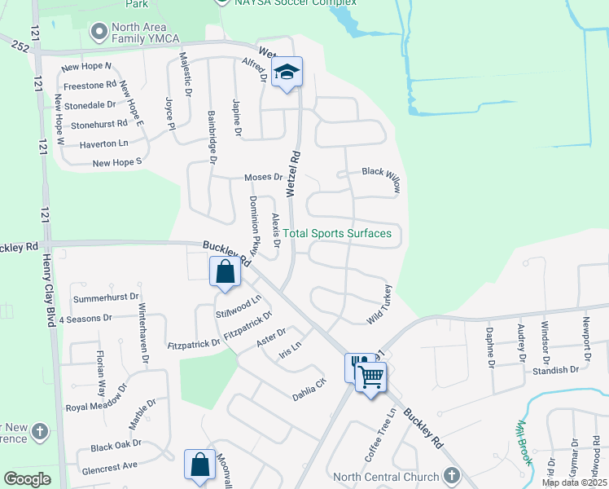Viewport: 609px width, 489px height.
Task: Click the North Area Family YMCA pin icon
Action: tap(99, 33)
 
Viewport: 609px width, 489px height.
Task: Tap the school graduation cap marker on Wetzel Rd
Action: tap(287, 73)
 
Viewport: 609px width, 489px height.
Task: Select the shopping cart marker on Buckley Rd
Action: tap(370, 377)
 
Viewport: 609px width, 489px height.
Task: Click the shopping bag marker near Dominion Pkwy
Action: tap(226, 271)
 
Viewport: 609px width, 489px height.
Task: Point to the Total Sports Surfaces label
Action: tap(338, 234)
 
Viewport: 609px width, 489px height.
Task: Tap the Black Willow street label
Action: tap(382, 179)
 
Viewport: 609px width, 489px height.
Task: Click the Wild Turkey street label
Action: tap(379, 305)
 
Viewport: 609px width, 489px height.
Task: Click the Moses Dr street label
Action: tap(263, 177)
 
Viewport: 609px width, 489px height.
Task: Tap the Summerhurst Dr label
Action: tap(107, 298)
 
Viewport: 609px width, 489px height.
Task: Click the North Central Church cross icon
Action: tap(453, 476)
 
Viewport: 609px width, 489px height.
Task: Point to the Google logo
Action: tap(27, 479)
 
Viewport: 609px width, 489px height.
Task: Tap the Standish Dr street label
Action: tap(556, 369)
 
